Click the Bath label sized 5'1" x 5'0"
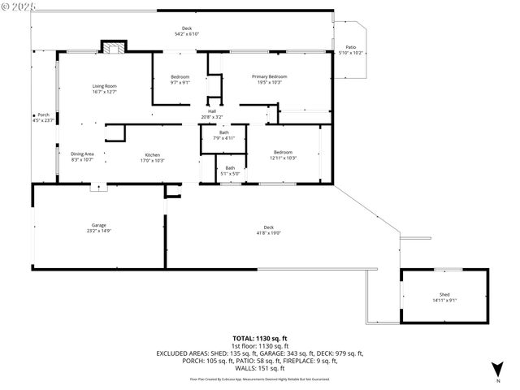pyautogui.click(x=230, y=170)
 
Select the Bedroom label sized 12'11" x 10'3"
pyautogui.click(x=283, y=154)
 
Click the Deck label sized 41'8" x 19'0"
pyautogui.click(x=268, y=229)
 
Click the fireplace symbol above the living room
pyautogui.click(x=114, y=47)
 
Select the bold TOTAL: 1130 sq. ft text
pyautogui.click(x=260, y=338)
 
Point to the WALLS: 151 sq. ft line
pyautogui.click(x=260, y=368)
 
